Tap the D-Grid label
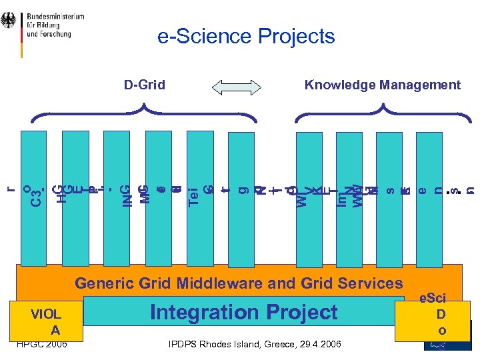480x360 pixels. [x=145, y=85]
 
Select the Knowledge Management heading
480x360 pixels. [x=382, y=85]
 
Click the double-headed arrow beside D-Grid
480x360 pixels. [x=237, y=86]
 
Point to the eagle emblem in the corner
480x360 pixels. [x=10, y=24]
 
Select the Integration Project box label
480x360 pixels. [x=244, y=312]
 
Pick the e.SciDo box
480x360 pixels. [x=441, y=314]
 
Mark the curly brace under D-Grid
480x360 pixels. [x=145, y=113]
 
